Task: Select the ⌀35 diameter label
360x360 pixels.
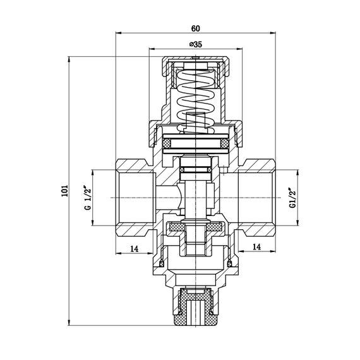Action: tap(195, 44)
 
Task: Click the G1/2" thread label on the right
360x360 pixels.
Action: tap(291, 197)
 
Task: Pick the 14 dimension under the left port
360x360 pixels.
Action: tap(134, 249)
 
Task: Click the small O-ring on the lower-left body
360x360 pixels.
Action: tap(160, 263)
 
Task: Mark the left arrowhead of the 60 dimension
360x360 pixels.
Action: tap(117, 33)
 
